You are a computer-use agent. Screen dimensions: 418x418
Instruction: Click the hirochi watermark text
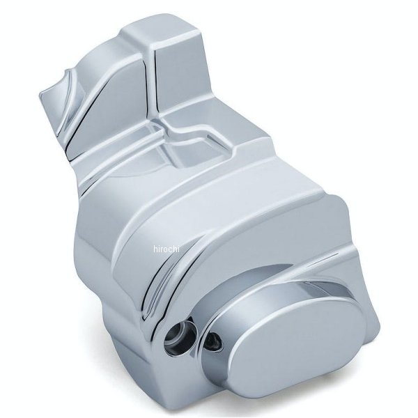coord(167,249)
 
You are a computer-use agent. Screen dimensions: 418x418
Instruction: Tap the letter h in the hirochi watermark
coord(155,249)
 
